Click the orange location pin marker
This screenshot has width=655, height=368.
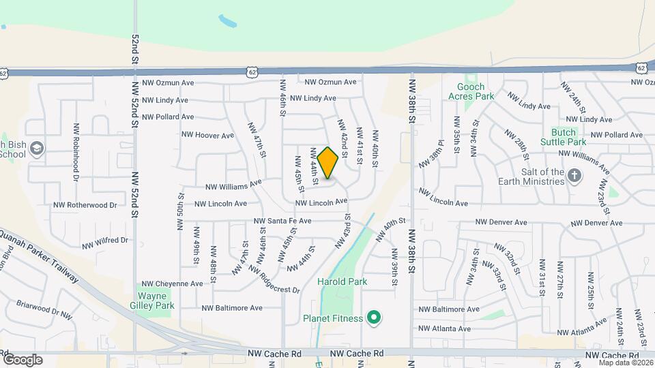[327, 163]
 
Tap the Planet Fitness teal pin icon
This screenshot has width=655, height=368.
[373, 318]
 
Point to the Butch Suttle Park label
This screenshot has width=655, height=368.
[563, 137]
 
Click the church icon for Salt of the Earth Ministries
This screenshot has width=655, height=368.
[574, 177]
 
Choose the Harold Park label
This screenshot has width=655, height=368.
[342, 281]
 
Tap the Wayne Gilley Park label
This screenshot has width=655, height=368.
[156, 301]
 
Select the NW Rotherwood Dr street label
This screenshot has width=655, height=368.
[86, 204]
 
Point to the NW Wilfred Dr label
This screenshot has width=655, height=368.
[105, 242]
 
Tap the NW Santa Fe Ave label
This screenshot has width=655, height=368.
[282, 221]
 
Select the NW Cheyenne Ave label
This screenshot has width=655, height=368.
[172, 283]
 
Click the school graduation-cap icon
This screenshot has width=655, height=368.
[36, 149]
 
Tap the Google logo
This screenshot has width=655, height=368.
[23, 360]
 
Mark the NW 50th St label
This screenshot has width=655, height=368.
[180, 213]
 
